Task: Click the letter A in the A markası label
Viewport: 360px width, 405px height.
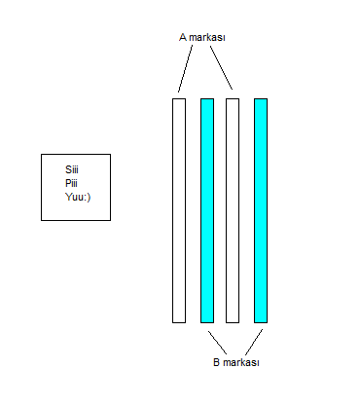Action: [x=183, y=37]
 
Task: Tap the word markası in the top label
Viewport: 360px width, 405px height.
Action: [x=207, y=37]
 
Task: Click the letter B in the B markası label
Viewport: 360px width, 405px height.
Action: [x=216, y=362]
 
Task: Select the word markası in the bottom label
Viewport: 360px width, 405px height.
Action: [x=241, y=362]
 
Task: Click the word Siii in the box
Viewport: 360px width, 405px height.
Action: [x=72, y=169]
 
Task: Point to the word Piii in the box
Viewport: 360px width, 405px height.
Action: [x=71, y=183]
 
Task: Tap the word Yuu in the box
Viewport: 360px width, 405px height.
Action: [x=74, y=197]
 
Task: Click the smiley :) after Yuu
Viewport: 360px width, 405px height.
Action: [x=87, y=198]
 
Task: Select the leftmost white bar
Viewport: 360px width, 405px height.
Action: [x=179, y=210]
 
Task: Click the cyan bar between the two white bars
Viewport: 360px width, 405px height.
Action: [x=207, y=210]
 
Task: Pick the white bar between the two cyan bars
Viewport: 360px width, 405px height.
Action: [x=233, y=210]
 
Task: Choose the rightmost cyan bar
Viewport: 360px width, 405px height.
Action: [x=261, y=210]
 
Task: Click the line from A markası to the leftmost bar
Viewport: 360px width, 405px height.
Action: [x=185, y=68]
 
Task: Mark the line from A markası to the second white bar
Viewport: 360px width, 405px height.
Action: [x=221, y=67]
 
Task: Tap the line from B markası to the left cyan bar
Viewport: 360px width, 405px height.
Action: [x=217, y=343]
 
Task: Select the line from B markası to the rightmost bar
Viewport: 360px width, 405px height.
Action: [x=254, y=342]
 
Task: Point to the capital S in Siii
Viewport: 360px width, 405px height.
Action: [x=68, y=169]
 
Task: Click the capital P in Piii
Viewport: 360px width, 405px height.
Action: [x=68, y=183]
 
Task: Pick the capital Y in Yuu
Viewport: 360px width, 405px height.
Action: [x=68, y=197]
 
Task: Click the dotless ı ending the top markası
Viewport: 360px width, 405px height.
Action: [x=224, y=38]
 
